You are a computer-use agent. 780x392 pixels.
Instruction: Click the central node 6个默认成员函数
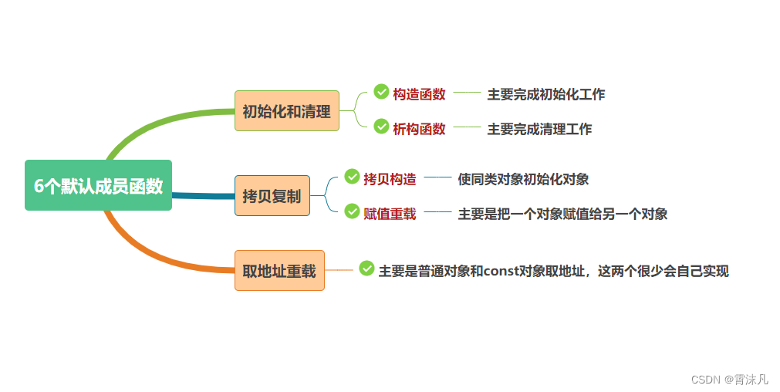point(98,185)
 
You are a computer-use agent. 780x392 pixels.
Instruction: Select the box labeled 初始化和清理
point(286,111)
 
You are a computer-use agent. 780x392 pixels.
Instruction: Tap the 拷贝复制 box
point(272,196)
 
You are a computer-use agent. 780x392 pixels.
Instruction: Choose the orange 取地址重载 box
point(279,271)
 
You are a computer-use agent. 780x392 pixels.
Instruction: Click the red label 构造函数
point(419,94)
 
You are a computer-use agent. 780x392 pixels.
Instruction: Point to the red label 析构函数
point(419,129)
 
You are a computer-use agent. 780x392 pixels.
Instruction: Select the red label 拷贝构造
point(390,179)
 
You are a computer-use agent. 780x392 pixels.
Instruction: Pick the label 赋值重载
point(390,214)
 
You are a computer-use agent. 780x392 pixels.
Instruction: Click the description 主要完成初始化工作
point(545,94)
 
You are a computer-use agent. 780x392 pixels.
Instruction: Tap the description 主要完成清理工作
point(539,129)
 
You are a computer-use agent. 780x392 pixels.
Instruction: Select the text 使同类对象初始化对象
point(523,179)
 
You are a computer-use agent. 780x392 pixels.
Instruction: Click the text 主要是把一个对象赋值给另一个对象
point(562,214)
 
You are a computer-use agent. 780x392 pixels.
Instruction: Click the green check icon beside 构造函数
point(381,92)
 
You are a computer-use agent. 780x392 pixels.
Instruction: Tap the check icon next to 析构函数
point(381,127)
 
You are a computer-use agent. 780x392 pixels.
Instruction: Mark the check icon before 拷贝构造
point(352,177)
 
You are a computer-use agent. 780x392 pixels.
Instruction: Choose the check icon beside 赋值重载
point(352,211)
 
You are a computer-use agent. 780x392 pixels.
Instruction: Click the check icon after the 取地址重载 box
point(366,269)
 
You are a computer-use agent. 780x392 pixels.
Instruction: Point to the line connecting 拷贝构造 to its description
point(437,177)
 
